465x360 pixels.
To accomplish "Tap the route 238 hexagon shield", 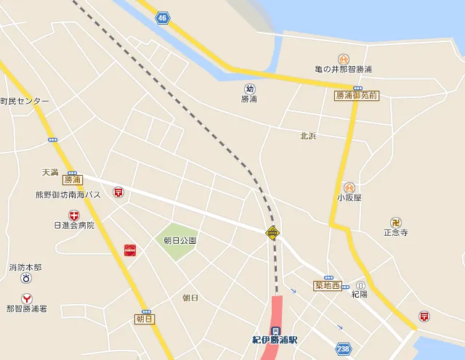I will [344, 348].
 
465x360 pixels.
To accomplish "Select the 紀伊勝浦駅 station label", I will [275, 339].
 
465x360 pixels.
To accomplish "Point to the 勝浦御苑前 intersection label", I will [357, 95].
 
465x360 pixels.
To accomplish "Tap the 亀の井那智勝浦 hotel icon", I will [343, 59].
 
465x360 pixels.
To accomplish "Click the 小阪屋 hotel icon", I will [349, 187].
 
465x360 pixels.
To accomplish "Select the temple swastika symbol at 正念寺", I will [396, 222].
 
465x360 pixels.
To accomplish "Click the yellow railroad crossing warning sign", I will [272, 233].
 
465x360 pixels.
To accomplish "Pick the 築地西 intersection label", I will [328, 285].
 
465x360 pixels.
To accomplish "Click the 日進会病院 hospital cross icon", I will [74, 215].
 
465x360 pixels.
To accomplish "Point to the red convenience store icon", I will [130, 250].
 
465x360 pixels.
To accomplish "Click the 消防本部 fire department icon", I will [26, 277].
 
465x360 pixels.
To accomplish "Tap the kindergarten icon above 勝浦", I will [249, 89].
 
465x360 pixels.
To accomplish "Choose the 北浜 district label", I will [308, 136].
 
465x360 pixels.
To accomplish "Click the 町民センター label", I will [25, 101].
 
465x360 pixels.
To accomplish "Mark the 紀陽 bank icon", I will [360, 285].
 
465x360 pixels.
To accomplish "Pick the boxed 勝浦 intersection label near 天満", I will [72, 179].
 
